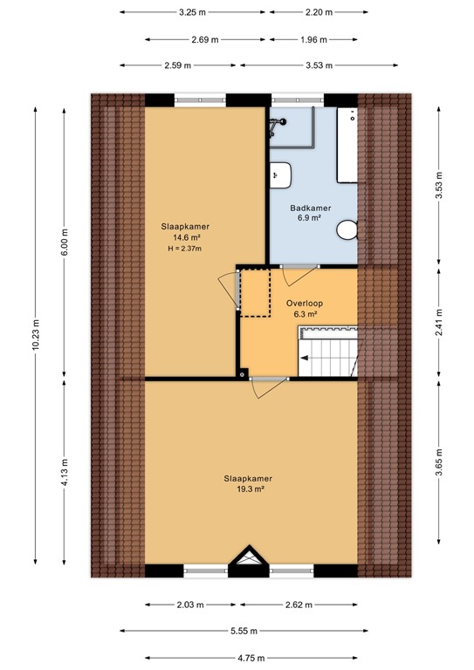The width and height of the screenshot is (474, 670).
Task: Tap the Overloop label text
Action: click(304, 303)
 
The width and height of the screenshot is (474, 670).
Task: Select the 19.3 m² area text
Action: click(248, 489)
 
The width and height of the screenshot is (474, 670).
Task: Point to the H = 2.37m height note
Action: click(184, 249)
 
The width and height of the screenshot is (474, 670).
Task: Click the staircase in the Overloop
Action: click(328, 349)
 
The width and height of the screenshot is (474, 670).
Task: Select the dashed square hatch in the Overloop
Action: click(255, 293)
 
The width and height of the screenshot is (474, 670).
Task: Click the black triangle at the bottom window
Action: click(250, 558)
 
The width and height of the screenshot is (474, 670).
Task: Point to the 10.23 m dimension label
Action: click(36, 333)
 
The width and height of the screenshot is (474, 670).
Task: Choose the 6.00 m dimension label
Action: click(64, 236)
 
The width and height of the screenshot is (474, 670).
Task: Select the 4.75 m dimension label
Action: click(237, 659)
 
